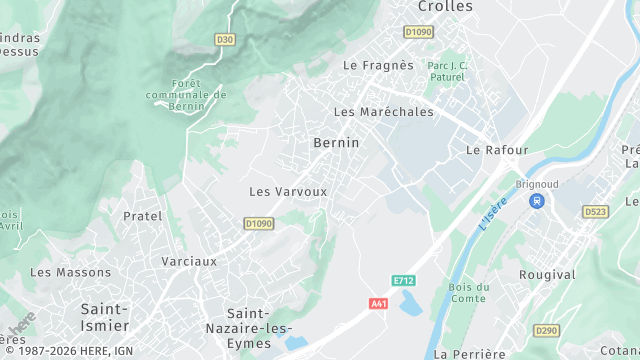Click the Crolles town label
[x=445, y=7]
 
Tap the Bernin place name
[x=336, y=143]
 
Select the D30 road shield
[x=224, y=40]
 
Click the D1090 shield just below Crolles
[x=419, y=32]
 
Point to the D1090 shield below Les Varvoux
[x=258, y=223]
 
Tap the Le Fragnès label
[x=378, y=65]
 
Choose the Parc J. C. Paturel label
[x=447, y=71]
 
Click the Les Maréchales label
[x=384, y=112]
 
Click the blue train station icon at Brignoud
[x=537, y=201]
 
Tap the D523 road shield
[x=595, y=212]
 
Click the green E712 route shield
[x=404, y=281]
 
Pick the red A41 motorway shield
[x=378, y=303]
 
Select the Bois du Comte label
[x=468, y=293]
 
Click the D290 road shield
[x=546, y=330]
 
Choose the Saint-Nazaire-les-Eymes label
[x=259, y=321]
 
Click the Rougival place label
[x=547, y=274]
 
